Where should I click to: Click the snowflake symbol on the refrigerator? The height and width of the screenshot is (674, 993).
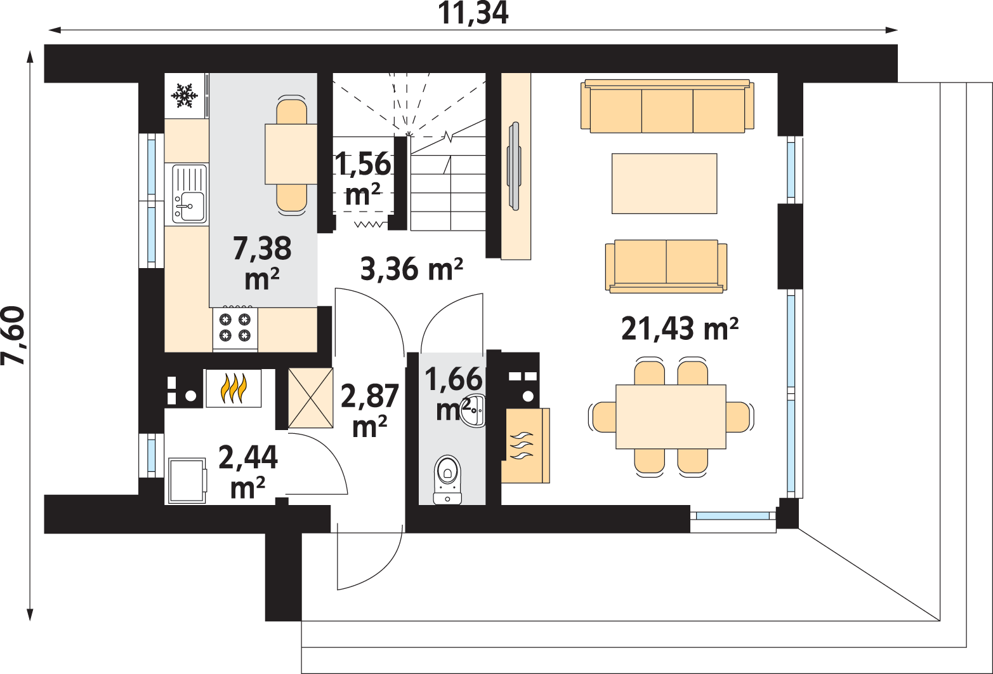184,95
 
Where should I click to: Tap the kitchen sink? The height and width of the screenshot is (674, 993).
190,194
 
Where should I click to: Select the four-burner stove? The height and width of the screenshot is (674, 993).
235,329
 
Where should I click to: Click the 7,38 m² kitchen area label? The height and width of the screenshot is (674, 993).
262,263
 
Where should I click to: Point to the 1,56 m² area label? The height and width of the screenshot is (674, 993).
363,179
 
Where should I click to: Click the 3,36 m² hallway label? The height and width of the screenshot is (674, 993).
411,269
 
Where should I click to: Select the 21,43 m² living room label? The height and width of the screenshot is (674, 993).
680,329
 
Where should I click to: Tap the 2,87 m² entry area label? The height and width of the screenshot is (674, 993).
370,410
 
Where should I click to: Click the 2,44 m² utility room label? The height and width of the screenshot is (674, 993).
248,471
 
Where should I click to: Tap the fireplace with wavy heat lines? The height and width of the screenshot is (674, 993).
526,445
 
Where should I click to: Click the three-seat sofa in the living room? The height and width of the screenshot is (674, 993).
667,106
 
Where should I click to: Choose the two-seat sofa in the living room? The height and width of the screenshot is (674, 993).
666,266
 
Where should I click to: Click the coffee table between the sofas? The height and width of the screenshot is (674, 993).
664,183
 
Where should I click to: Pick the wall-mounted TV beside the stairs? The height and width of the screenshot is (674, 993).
514,166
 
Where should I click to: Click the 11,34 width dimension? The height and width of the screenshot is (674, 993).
473,13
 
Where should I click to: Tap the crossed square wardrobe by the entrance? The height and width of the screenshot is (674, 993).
310,398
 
